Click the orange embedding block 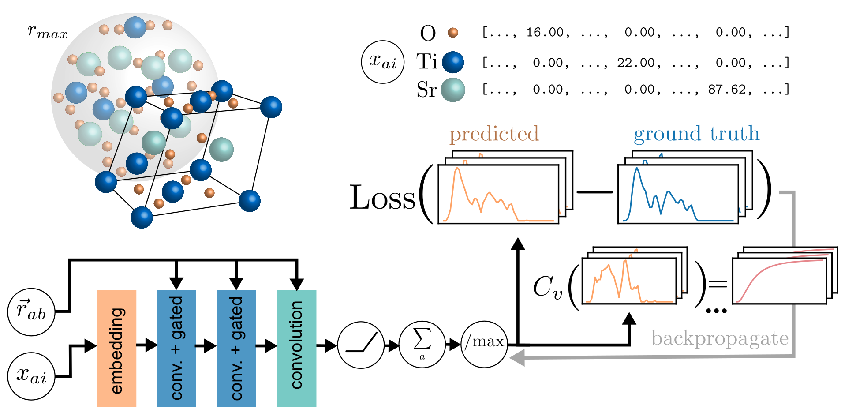click(116, 348)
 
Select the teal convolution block click(296, 348)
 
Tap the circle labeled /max click(484, 344)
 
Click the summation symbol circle click(422, 344)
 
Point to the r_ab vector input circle click(31, 311)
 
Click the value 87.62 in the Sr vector click(726, 90)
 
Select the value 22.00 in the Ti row click(635, 63)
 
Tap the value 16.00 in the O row click(545, 32)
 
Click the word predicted click(494, 134)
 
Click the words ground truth click(696, 134)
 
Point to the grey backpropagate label click(720, 339)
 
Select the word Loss click(382, 198)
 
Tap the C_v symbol click(547, 287)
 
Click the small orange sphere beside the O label click(453, 32)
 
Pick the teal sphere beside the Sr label click(453, 90)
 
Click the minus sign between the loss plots click(594, 192)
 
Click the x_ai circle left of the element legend click(382, 62)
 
